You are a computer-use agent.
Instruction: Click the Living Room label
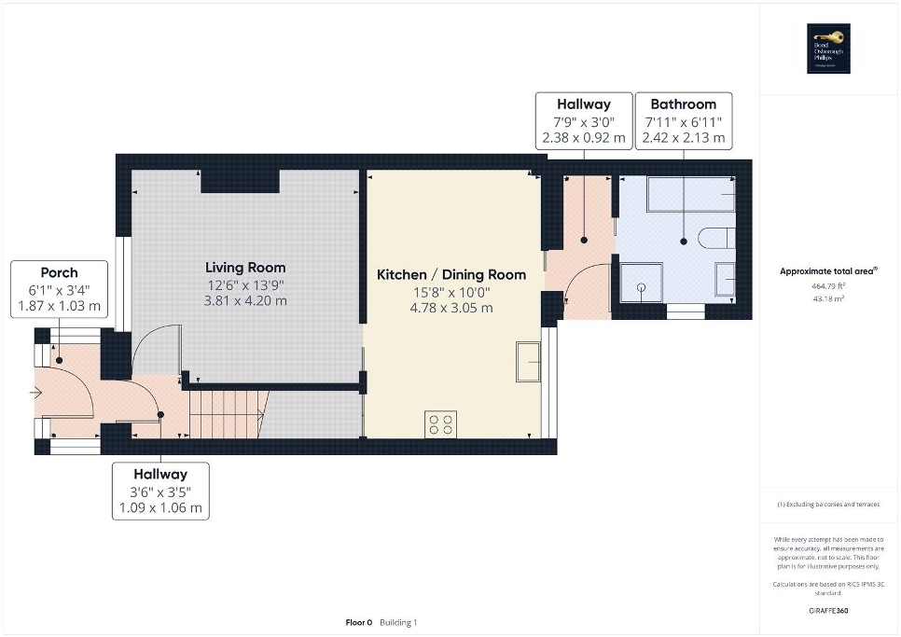[247, 268]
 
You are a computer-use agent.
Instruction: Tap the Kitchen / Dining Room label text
[450, 274]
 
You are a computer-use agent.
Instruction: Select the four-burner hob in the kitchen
[440, 424]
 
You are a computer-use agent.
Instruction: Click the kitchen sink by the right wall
[528, 362]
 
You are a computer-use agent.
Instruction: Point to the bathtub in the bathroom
[690, 195]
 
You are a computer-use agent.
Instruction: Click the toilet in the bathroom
[717, 239]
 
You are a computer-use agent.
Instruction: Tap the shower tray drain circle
[641, 287]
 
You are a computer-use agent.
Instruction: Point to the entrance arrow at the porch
[36, 394]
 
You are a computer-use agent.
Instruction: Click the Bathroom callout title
[683, 104]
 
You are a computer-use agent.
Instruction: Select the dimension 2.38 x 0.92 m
[583, 138]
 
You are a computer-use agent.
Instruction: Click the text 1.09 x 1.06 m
[159, 508]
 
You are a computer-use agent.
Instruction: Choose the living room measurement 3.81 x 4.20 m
[247, 300]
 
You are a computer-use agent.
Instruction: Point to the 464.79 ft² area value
[828, 285]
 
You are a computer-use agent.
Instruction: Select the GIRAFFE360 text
[829, 611]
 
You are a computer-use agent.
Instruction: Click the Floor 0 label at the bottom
[358, 622]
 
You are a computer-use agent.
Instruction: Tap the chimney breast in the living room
[240, 181]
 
